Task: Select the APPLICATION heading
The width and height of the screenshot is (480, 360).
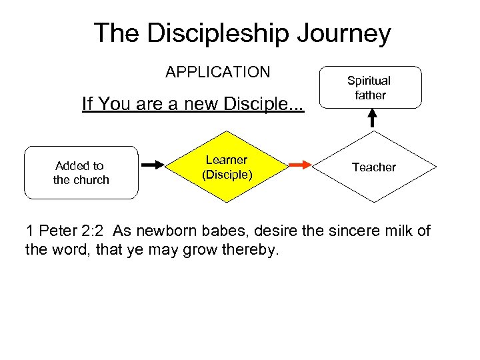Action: [218, 72]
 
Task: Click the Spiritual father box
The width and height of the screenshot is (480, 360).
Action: [369, 87]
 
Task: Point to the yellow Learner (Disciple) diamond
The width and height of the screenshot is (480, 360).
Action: [227, 167]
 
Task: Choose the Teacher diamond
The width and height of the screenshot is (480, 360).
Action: [374, 167]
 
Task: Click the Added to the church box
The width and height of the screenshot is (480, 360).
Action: [81, 173]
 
